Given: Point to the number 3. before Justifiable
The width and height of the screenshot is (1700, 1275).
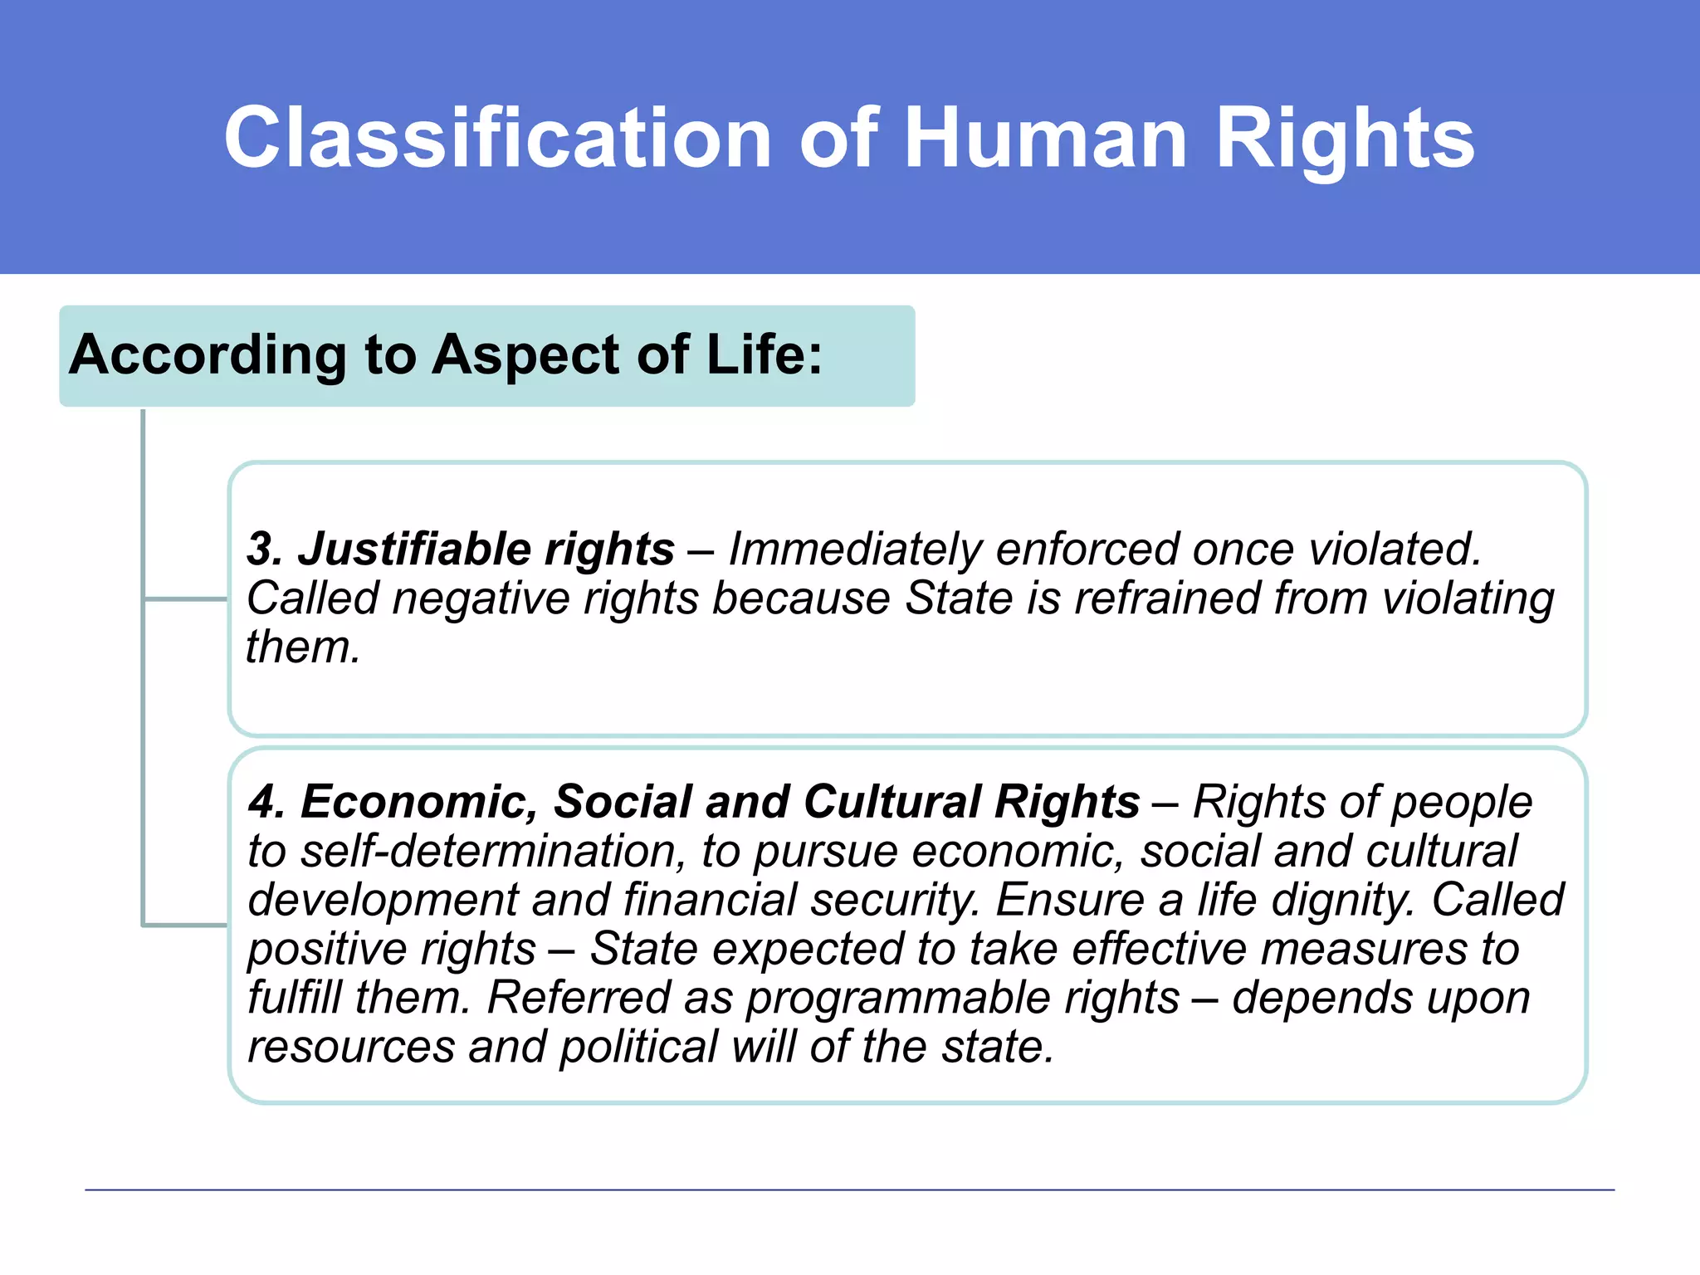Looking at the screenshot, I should click(265, 549).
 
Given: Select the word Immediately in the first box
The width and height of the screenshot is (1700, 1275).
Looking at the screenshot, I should click(854, 549).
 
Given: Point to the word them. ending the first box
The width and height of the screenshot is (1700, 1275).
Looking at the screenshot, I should click(303, 647).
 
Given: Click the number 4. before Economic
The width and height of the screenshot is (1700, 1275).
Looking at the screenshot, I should click(266, 802).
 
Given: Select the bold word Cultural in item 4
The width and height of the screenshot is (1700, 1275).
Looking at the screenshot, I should click(892, 802).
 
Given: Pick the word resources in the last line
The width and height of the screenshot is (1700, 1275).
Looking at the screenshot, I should click(351, 1046).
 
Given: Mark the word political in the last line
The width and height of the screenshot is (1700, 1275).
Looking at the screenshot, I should click(637, 1046).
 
